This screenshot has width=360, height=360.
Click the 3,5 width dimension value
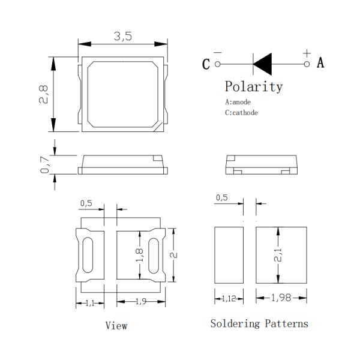click(x=122, y=36)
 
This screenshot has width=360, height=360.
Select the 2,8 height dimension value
click(x=43, y=95)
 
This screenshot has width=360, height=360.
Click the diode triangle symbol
click(x=263, y=63)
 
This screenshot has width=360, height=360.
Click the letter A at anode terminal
click(x=320, y=62)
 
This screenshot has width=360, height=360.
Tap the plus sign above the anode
click(x=307, y=52)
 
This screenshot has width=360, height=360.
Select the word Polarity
click(x=253, y=86)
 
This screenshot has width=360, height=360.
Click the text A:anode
click(x=242, y=102)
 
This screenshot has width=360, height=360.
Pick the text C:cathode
click(x=242, y=112)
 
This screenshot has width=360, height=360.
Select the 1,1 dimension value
click(x=89, y=303)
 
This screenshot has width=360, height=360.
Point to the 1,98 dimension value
click(x=282, y=298)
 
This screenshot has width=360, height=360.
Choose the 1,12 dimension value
click(x=229, y=298)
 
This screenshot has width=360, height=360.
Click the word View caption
click(x=116, y=326)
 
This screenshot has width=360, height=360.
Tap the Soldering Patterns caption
click(x=259, y=323)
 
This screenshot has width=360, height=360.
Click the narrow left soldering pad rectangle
click(x=229, y=256)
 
